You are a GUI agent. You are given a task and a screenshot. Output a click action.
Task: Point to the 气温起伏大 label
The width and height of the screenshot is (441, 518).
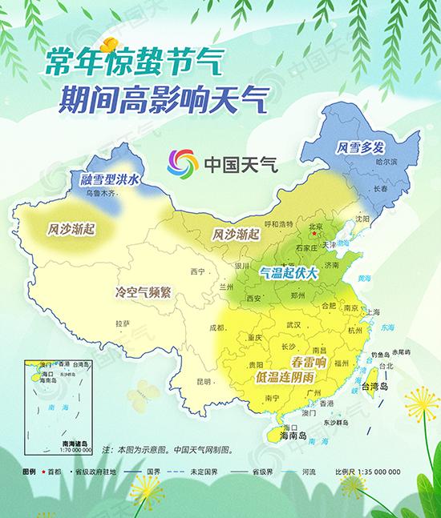click(x=289, y=273)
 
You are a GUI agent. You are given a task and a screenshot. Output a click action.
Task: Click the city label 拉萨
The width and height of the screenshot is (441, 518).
click(x=122, y=323)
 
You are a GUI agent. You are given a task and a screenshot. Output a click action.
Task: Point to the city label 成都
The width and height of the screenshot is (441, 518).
click(x=216, y=327)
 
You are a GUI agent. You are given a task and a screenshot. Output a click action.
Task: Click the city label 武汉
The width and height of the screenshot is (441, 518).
click(x=293, y=324)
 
